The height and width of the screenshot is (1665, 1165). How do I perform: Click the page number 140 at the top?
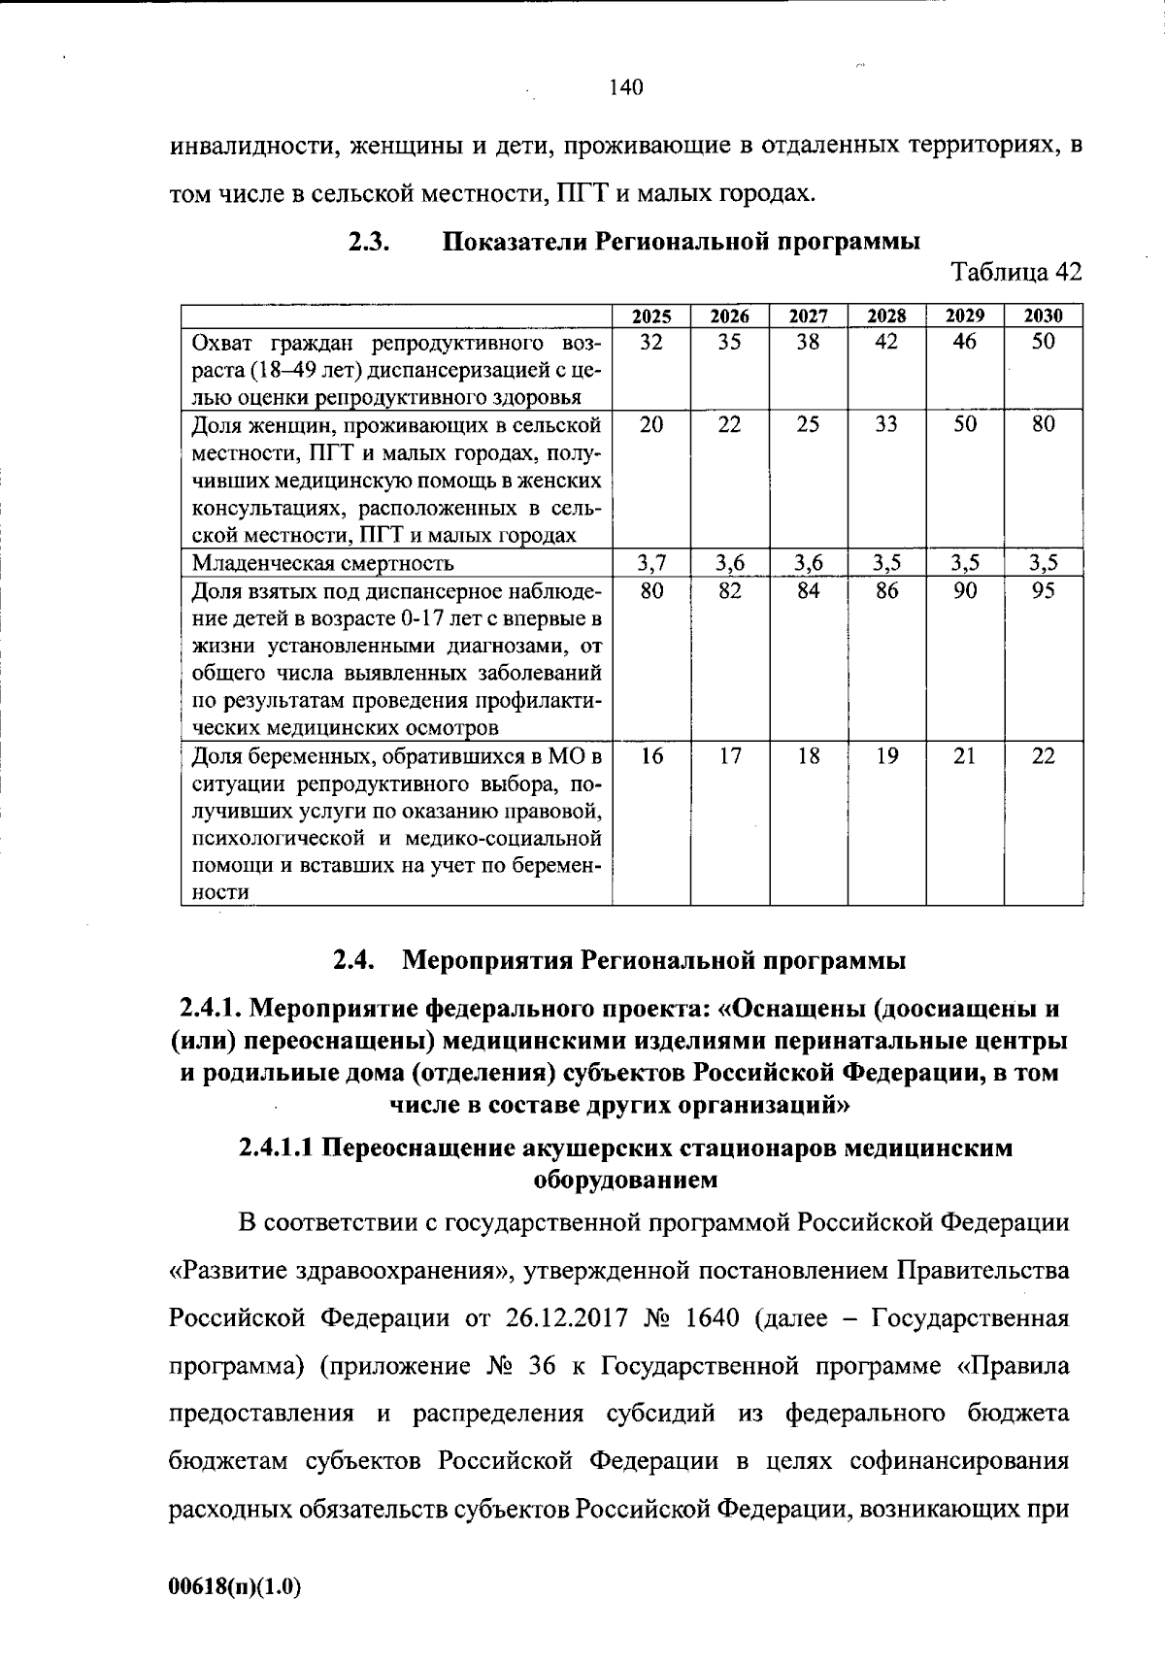[x=626, y=88]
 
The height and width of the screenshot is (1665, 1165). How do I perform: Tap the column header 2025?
[x=651, y=316]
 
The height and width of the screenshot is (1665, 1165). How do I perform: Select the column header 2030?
[x=1043, y=316]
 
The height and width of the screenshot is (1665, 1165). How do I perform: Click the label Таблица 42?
[x=1016, y=272]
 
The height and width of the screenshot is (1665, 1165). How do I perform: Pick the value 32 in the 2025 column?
[x=651, y=342]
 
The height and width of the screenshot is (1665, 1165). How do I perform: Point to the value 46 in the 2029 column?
[x=964, y=342]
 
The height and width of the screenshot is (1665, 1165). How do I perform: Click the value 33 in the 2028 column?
[x=886, y=424]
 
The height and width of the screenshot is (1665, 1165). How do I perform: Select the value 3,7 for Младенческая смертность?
[x=651, y=562]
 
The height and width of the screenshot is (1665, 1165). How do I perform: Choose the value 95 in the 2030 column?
[x=1043, y=589]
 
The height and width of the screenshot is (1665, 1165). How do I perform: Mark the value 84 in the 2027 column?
[x=808, y=589]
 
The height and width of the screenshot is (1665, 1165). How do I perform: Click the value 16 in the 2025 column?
[x=651, y=756]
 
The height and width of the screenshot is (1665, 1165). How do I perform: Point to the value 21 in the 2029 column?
[x=964, y=756]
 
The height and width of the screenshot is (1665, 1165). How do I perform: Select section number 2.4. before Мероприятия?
[x=354, y=961]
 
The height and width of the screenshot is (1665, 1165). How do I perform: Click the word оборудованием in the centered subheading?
[x=626, y=1180]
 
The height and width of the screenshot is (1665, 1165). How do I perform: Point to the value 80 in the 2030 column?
[x=1043, y=424]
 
